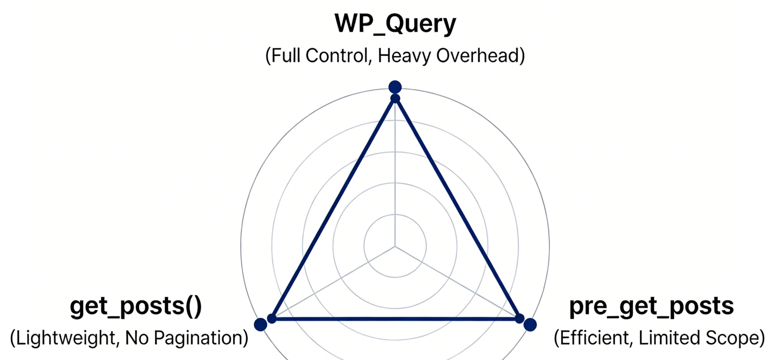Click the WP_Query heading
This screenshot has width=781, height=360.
point(395,23)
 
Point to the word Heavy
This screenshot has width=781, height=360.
point(404,56)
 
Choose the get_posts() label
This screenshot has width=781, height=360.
point(136,306)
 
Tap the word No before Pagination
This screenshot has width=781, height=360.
point(137,338)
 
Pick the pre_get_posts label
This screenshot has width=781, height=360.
point(651,306)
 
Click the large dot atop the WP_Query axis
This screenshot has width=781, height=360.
point(395,87)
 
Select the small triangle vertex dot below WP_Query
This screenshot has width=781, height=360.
point(395,98)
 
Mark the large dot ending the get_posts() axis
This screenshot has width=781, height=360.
point(260,324)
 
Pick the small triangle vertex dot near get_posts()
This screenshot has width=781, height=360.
point(272,319)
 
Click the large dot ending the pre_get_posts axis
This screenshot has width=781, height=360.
point(530,325)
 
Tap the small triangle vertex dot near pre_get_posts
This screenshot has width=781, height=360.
point(519,319)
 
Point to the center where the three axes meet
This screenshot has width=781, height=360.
point(395,246)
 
